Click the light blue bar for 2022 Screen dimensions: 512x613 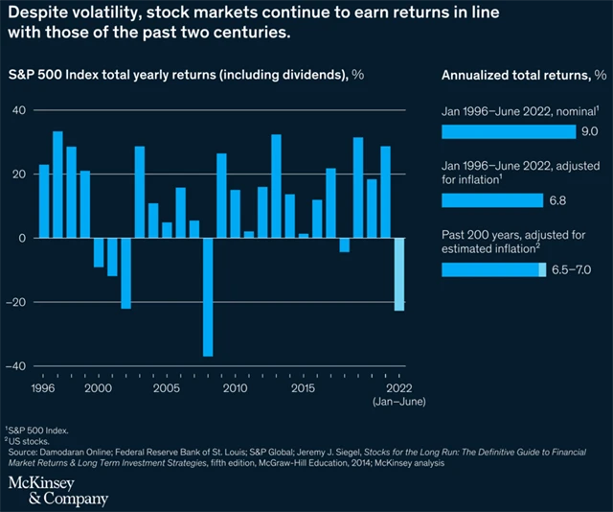(399, 274)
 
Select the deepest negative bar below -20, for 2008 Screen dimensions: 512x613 (207, 297)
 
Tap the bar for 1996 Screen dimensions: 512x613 (44, 201)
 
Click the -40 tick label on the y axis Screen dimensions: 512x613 (15, 366)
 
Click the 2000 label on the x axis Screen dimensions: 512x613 (99, 389)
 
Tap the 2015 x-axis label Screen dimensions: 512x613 (304, 389)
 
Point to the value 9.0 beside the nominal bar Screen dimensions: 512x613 (590, 131)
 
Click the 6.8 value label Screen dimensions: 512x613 (557, 200)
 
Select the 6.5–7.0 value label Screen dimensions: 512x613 (573, 269)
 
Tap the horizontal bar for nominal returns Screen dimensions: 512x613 (508, 131)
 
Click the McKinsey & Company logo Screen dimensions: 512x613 (57, 490)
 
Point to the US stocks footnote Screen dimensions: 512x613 (34, 440)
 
